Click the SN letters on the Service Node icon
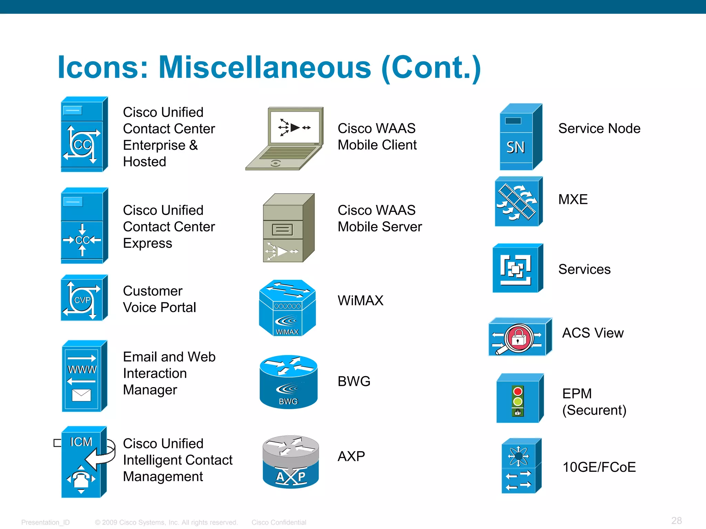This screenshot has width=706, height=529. point(515,147)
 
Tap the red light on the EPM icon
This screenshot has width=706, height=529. point(518,392)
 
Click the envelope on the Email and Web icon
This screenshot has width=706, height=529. point(81,395)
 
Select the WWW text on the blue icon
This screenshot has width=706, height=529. point(82,370)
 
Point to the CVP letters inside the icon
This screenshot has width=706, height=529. point(82,300)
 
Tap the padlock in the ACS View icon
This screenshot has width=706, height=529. point(518,339)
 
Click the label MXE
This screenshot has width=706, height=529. point(573,199)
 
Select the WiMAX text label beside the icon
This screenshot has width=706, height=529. point(360,300)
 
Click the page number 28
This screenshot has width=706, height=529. point(676,520)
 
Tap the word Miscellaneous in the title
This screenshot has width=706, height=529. point(264,67)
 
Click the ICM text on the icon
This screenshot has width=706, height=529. point(81,442)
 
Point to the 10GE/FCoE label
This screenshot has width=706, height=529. point(599,467)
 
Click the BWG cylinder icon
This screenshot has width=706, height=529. point(289,382)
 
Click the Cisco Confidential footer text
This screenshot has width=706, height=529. point(279,522)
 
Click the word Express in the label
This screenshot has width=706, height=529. point(148,243)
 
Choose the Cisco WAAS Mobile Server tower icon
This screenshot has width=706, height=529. point(288,228)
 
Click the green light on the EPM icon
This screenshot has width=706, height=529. point(518,401)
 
